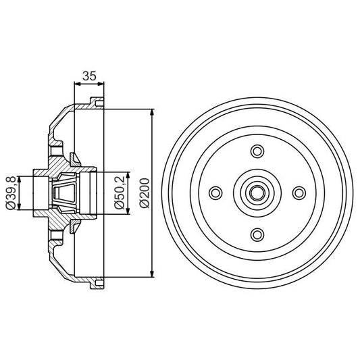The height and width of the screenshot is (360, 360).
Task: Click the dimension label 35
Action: (x=89, y=76)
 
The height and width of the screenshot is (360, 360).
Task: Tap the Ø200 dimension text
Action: (x=145, y=193)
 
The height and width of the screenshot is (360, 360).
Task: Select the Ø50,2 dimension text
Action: (x=120, y=193)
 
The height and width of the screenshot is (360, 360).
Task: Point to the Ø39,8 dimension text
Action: (x=11, y=193)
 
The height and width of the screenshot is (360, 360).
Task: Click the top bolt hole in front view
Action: (x=257, y=151)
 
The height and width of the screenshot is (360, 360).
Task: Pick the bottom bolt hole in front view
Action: (x=257, y=234)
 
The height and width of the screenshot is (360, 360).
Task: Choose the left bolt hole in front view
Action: (x=215, y=193)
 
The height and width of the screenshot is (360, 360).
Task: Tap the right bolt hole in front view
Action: (x=299, y=193)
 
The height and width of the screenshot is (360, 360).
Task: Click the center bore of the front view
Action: (x=257, y=193)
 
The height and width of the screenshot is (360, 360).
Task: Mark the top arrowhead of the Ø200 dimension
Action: (x=151, y=113)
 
